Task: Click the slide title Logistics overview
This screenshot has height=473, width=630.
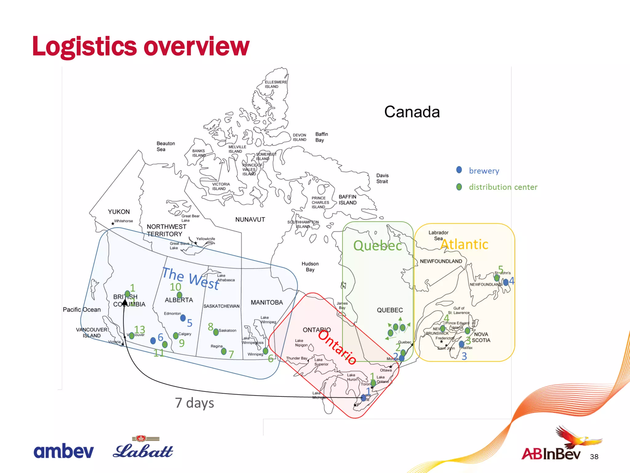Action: (141, 46)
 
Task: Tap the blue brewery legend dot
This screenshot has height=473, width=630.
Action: (459, 170)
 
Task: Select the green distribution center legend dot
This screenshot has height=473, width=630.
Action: (459, 187)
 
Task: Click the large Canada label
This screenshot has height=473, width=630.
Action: (412, 112)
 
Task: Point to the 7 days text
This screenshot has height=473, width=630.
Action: (194, 402)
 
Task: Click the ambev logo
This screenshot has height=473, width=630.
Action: (63, 451)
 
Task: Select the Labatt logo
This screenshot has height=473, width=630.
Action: (143, 449)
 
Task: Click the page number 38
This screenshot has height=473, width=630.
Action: (594, 457)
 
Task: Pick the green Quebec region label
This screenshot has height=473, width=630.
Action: (377, 246)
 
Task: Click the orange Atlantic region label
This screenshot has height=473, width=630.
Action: (464, 245)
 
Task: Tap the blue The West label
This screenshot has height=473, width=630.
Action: (191, 278)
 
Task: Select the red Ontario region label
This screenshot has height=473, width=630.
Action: (337, 347)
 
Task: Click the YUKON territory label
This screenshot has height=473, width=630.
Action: (119, 212)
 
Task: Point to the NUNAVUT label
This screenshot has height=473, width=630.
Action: (250, 220)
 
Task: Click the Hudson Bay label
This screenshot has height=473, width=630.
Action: (310, 267)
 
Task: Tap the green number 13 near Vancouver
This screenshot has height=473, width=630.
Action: (139, 330)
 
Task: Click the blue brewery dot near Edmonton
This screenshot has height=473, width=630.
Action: (183, 317)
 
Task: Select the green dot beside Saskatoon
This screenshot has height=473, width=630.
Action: (216, 332)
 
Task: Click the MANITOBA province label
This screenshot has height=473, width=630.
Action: (267, 302)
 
